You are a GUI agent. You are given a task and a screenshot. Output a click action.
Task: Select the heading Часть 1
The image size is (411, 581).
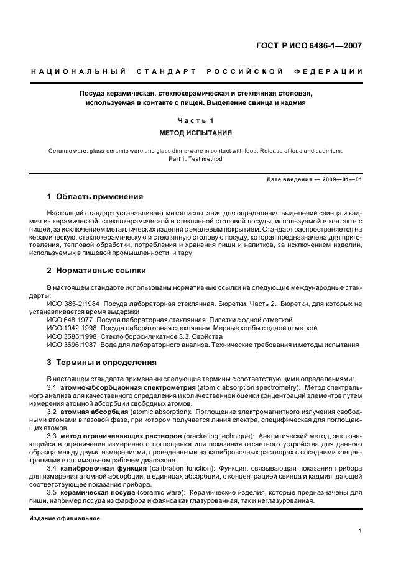click(195, 120)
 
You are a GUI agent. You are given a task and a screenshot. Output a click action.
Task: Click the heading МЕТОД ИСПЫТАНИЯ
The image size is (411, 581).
click(195, 133)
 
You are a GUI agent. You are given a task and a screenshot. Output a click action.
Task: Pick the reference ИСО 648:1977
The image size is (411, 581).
click(68, 320)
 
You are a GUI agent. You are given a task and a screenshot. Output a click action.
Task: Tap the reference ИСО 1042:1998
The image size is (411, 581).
click(70, 328)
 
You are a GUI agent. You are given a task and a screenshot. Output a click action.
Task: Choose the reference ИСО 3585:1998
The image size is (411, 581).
click(70, 336)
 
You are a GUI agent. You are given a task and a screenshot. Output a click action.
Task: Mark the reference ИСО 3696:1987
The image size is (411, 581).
click(70, 344)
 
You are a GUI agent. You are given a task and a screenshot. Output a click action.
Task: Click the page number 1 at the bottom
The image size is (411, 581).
click(361, 531)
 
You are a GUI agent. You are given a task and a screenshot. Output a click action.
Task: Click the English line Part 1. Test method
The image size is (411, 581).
click(195, 159)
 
